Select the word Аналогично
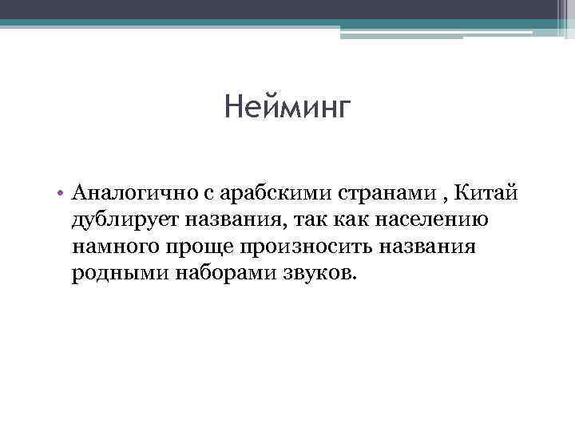[137, 192]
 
